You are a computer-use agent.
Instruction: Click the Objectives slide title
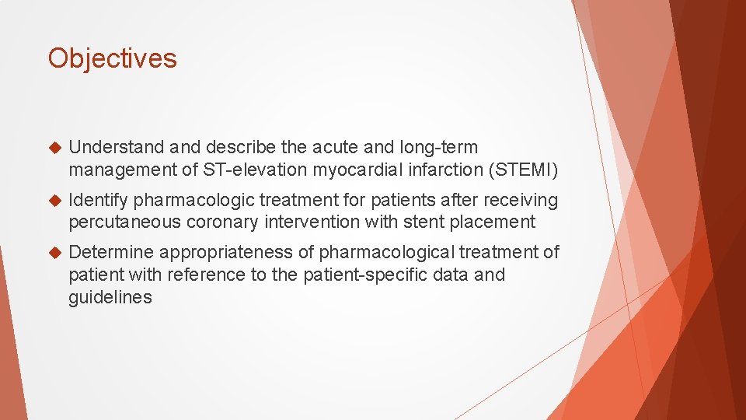(x=113, y=58)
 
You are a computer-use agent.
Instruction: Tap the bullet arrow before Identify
(x=54, y=201)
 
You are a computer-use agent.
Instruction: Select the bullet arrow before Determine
(x=54, y=253)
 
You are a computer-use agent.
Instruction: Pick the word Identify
(x=98, y=201)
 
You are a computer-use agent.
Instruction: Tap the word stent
(x=423, y=222)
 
